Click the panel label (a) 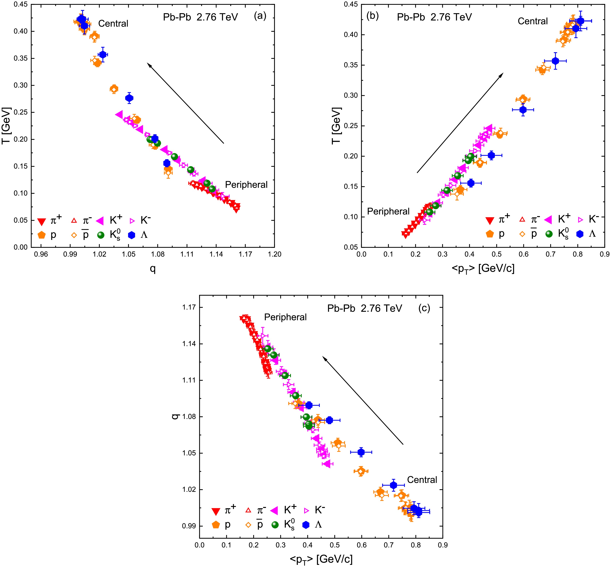point(260,16)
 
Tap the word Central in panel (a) point(113,24)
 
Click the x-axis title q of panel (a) point(153,269)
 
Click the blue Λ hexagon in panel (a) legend point(132,235)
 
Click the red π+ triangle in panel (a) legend point(42,221)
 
